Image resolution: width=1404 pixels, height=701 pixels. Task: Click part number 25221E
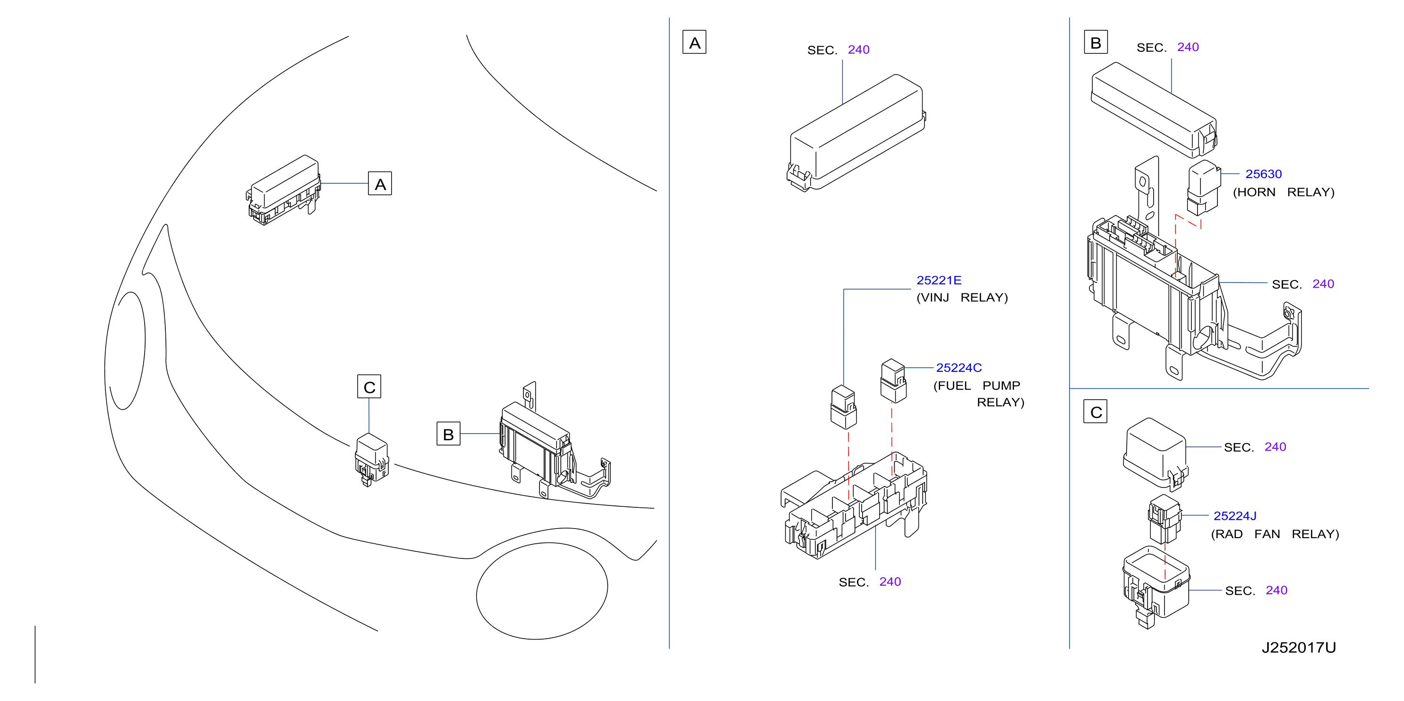939,280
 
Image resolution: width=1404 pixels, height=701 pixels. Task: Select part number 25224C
959,368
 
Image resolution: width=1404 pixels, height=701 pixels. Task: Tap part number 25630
1263,174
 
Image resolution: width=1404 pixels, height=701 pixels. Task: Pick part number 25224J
1234,516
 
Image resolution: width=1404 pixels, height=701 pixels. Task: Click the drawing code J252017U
1298,648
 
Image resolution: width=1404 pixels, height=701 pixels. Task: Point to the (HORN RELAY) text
1284,192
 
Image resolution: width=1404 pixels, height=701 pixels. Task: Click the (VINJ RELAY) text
962,298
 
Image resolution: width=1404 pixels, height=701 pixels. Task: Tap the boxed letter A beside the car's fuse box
380,184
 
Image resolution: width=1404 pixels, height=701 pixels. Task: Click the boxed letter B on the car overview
448,434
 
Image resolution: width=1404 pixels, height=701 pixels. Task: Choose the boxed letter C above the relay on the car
369,386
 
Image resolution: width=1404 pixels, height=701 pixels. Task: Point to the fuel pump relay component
893,380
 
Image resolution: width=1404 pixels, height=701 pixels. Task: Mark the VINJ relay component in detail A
843,407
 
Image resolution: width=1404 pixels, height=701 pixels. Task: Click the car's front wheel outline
542,591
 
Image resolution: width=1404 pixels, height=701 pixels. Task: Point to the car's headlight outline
126,350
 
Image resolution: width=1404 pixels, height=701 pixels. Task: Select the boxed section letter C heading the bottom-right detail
1096,411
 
